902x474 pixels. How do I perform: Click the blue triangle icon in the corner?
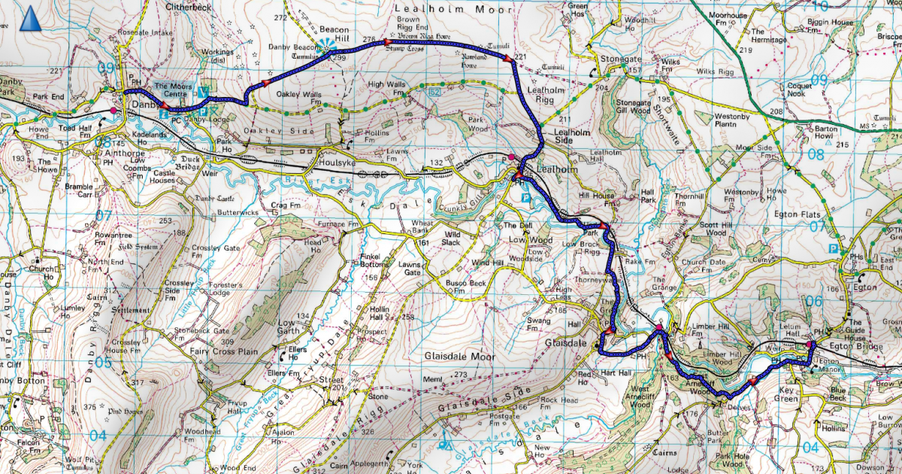tap(31, 18)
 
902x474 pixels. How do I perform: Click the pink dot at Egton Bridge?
tap(810, 345)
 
